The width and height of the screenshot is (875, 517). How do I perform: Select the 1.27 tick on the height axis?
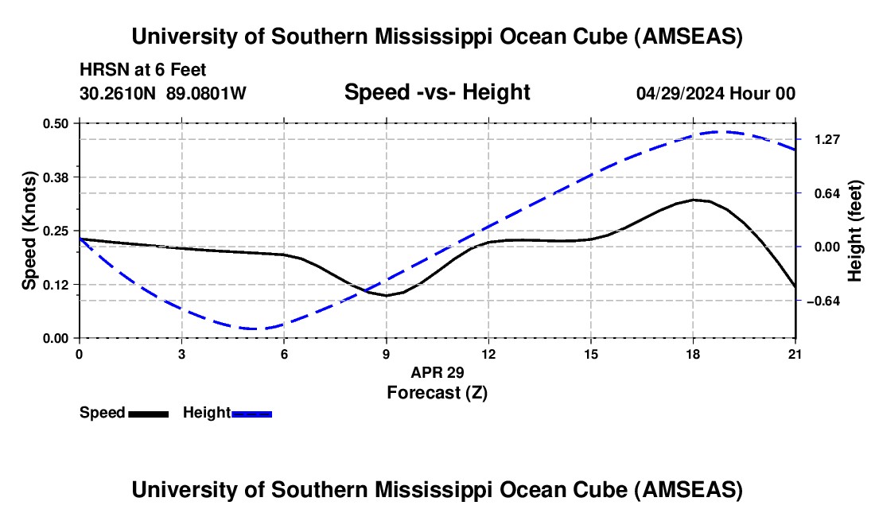(x=827, y=139)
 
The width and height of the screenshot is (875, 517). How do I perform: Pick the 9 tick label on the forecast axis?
(x=386, y=354)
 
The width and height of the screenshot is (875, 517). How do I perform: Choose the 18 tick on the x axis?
(x=693, y=354)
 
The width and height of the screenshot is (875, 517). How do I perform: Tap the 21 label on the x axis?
(x=795, y=354)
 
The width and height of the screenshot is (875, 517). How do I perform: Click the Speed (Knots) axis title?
(x=29, y=231)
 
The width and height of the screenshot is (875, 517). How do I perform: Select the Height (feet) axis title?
(x=854, y=231)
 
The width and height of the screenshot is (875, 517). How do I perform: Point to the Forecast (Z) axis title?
(x=437, y=393)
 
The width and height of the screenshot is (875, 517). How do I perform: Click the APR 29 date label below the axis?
(x=437, y=372)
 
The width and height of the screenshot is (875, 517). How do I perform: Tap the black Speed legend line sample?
(x=149, y=414)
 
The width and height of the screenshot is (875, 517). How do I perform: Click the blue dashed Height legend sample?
(x=251, y=414)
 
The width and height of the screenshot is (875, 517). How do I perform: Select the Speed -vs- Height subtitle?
(x=437, y=92)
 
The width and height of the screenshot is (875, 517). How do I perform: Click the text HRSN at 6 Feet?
(x=143, y=70)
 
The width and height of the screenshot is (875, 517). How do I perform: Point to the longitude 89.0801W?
(x=206, y=93)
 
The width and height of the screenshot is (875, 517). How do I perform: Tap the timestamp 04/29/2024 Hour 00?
(x=716, y=93)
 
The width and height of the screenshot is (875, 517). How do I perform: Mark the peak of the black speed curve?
(x=694, y=199)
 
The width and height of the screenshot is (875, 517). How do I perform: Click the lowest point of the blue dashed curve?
(x=254, y=328)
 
